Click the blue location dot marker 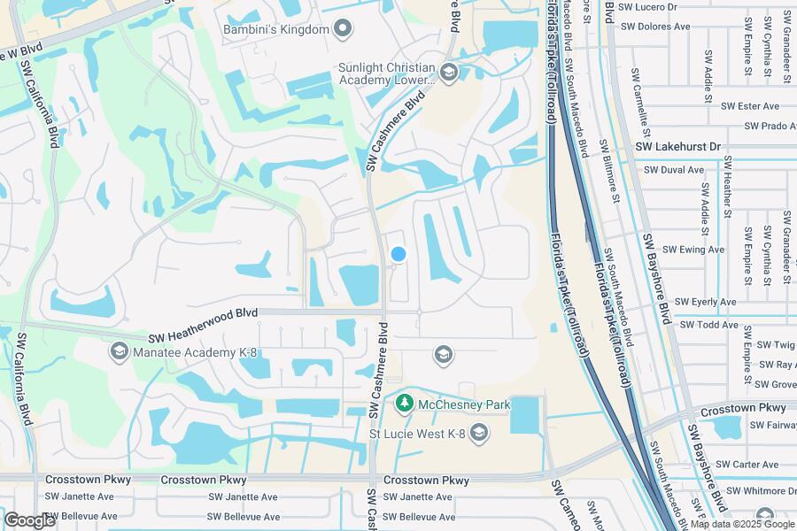coord(398,254)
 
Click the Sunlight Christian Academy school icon coord(448,73)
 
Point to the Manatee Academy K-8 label coord(195,352)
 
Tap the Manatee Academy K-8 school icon coord(118,352)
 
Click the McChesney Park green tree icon coord(405,404)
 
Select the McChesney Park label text coord(465,404)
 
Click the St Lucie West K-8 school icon coord(479,432)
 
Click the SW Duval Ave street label coord(674,169)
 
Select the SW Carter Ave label coord(747,464)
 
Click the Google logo coord(29,520)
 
